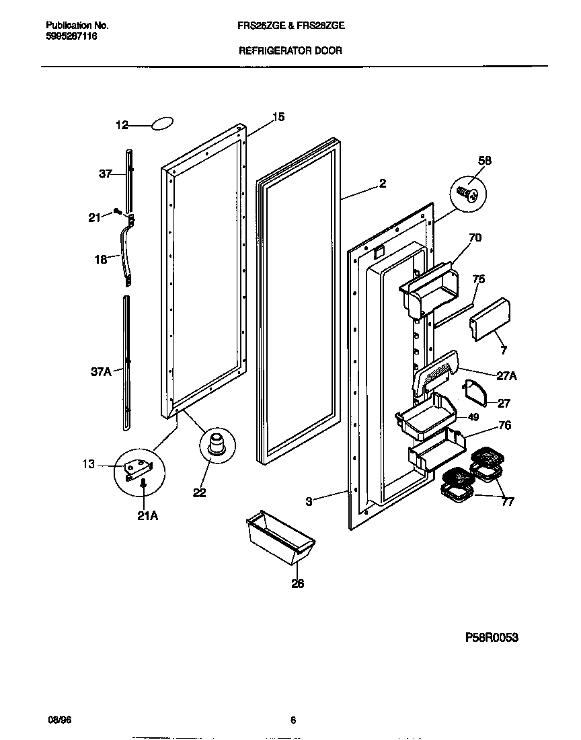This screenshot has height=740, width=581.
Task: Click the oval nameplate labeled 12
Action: (x=162, y=124)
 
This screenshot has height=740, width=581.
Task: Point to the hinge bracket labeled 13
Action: (x=140, y=466)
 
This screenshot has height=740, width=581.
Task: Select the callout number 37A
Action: (x=101, y=371)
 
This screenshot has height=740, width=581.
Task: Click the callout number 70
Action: (x=475, y=237)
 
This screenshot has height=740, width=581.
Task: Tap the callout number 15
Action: (x=278, y=117)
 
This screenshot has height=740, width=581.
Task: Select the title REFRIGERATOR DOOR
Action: (x=290, y=50)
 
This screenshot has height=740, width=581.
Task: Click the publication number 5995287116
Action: (x=72, y=36)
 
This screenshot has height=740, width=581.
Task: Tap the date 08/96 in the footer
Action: (x=59, y=719)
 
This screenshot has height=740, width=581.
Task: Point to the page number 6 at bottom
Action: (x=293, y=719)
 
